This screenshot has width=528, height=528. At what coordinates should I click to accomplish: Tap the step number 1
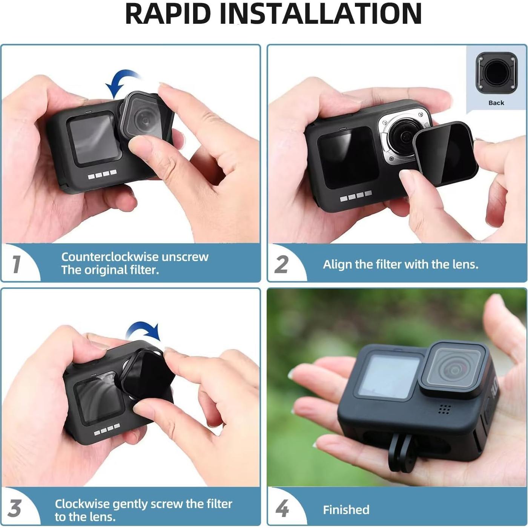(x=16, y=264)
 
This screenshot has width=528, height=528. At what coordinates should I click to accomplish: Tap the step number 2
(x=281, y=264)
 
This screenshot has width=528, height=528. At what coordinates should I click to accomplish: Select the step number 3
(x=15, y=508)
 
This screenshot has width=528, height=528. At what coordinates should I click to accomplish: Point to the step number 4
(x=282, y=508)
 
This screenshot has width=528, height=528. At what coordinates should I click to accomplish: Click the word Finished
(x=346, y=510)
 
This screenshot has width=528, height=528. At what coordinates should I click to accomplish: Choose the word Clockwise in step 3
(x=82, y=504)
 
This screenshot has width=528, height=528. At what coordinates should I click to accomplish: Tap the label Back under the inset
(x=496, y=103)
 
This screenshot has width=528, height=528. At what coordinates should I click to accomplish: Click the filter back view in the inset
(x=496, y=73)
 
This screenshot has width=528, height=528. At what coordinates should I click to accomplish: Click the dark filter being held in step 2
(x=445, y=153)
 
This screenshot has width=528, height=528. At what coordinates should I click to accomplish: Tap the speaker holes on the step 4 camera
(x=444, y=410)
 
